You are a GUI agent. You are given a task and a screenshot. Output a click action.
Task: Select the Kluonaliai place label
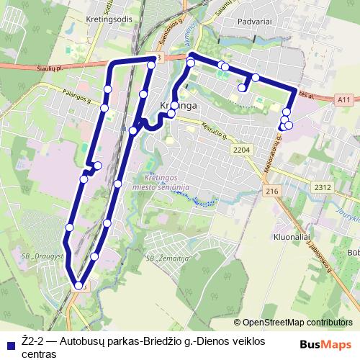[291, 235]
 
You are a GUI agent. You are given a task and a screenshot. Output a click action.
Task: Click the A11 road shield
[344, 100]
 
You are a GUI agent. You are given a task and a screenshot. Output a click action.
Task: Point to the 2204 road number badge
[241, 149]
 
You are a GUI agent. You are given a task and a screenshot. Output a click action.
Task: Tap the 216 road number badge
[271, 191]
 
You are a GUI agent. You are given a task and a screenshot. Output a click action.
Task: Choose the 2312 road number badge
[323, 187]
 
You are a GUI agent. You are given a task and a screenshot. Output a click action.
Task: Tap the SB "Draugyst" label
[44, 256]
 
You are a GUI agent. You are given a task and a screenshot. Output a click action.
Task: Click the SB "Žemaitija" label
[168, 257]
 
